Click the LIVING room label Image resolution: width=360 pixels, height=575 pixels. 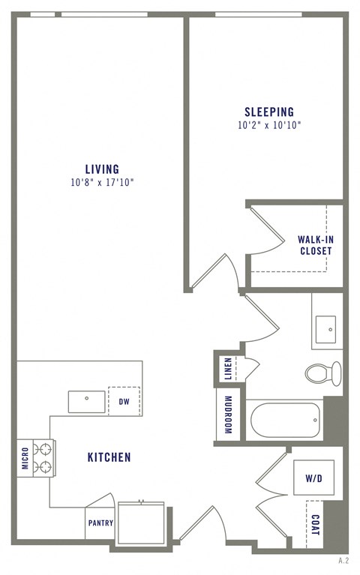[101, 169]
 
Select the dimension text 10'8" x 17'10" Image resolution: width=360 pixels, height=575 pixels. [101, 182]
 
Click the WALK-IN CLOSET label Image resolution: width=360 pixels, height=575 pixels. [315, 245]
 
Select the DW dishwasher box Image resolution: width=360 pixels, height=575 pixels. [124, 400]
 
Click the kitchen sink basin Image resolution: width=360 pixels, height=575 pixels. [87, 401]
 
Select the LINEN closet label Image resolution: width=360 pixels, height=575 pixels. [228, 368]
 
